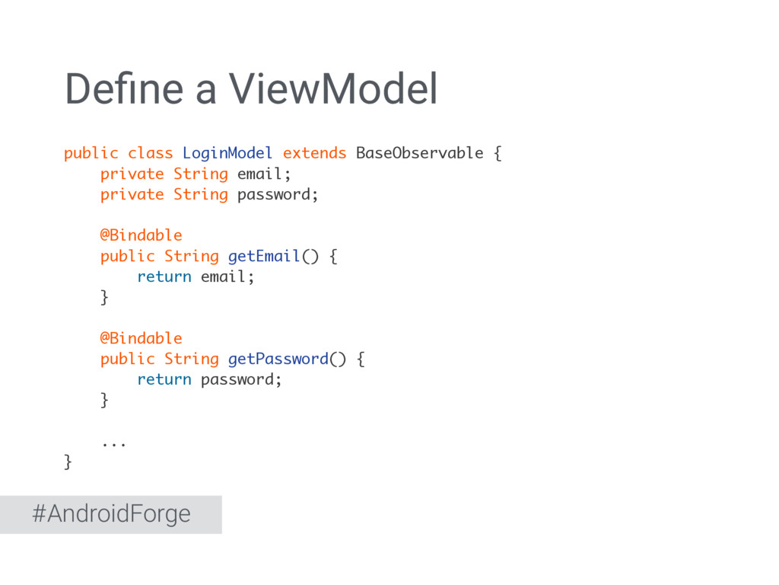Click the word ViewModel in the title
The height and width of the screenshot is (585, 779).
point(334,90)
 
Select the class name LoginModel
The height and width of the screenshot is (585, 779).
point(227,153)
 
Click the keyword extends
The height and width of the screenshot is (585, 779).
point(314,153)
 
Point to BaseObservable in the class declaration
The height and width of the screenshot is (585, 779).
point(419,153)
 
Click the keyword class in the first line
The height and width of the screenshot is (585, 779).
point(150,153)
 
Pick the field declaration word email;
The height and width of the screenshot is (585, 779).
point(264,174)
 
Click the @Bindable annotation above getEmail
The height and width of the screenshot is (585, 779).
point(141,235)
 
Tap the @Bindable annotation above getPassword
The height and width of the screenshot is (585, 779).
point(141,338)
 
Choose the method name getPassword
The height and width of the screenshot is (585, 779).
point(278,359)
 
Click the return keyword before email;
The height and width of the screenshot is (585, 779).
point(164,277)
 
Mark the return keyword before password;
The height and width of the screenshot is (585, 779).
point(164,379)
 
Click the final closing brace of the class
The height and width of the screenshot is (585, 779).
point(68,462)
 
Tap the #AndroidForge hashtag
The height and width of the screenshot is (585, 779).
point(111,514)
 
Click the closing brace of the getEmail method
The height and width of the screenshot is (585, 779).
point(105,297)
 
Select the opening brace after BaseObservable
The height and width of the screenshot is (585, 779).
point(498,153)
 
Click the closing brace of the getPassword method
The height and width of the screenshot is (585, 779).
point(105,400)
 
